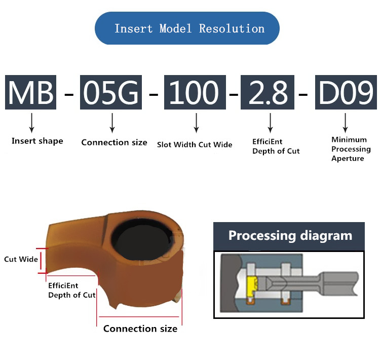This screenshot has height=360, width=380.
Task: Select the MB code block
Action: click(31, 92)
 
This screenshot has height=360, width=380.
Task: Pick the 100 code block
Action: click(195, 92)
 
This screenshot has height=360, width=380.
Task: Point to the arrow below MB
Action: click(32, 122)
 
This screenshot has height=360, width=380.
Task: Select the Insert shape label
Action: click(37, 141)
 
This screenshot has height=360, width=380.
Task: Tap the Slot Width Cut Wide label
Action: click(195, 145)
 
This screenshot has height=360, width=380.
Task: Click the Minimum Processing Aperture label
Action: click(351, 149)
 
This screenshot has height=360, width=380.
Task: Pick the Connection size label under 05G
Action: click(114, 142)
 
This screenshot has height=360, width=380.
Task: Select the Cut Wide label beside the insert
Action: click(21, 260)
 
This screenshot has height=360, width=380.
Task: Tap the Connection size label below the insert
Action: click(140, 329)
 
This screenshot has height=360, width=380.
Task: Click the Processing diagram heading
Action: click(290, 236)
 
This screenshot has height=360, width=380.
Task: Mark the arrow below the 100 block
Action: click(196, 122)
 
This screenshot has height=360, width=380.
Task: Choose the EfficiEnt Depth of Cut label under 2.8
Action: click(276, 147)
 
